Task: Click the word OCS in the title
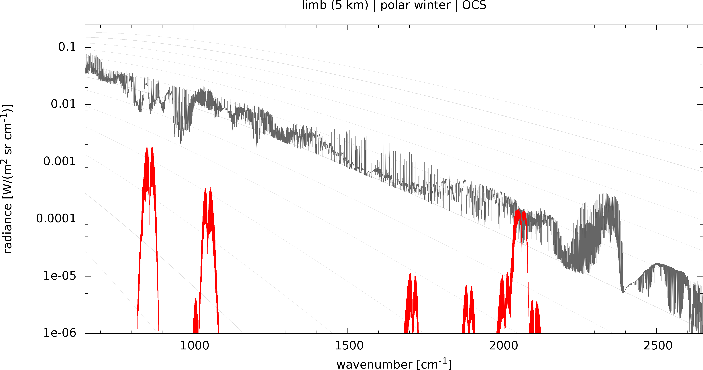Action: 474,5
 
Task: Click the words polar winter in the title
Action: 415,5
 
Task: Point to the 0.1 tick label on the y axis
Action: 67,47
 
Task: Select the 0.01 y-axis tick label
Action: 63,104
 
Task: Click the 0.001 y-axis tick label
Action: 60,161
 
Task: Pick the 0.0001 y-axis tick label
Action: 56,218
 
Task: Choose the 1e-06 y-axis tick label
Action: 60,333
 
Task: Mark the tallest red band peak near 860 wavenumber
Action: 152,148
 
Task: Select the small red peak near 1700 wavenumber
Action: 410,274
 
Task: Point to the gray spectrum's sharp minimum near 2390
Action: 623,293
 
